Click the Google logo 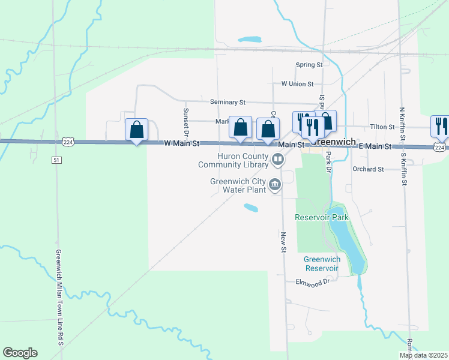(20, 353)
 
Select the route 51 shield (56, 160)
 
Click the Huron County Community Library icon (277, 160)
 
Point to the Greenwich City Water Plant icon (275, 184)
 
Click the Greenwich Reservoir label (322, 263)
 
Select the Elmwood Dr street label (313, 281)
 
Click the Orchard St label (368, 169)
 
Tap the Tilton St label (382, 127)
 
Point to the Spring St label (309, 65)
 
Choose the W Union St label (297, 84)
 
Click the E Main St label (375, 146)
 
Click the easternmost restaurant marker (440, 126)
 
